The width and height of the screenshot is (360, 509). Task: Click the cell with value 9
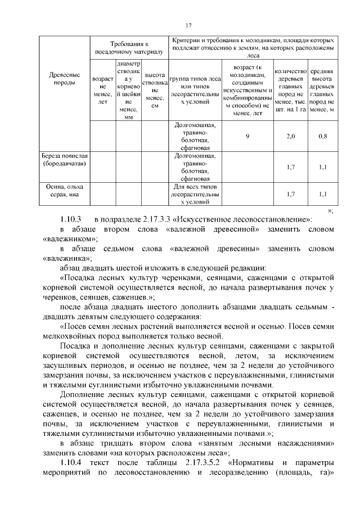click(247, 136)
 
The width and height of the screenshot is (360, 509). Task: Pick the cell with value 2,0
click(290, 136)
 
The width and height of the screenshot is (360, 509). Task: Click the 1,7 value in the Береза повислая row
click(290, 167)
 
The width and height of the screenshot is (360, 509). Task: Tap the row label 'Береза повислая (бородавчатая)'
click(65, 159)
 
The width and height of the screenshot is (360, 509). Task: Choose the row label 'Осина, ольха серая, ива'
click(65, 190)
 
